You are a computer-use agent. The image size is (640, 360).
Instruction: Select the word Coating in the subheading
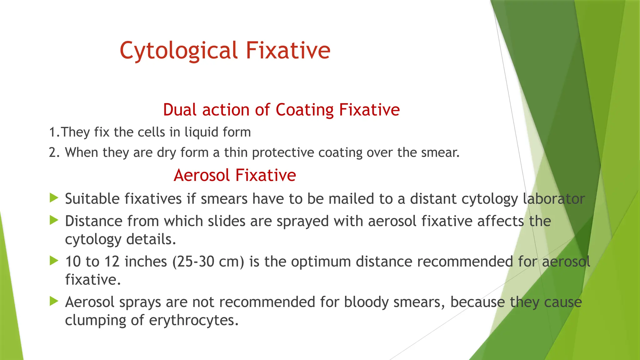304,110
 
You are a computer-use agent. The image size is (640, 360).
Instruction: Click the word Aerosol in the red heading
202,175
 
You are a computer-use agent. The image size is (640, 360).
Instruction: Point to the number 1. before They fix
54,132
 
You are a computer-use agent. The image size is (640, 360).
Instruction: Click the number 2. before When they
54,152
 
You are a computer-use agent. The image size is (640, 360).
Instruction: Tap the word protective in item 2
283,152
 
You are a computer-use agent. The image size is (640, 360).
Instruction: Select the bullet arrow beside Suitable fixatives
54,198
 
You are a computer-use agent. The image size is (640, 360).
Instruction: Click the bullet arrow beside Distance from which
54,220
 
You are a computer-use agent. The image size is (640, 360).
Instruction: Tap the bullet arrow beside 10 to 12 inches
54,261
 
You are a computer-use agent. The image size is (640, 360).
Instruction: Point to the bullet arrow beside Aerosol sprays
54,301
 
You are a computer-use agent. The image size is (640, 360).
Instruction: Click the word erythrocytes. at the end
194,320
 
